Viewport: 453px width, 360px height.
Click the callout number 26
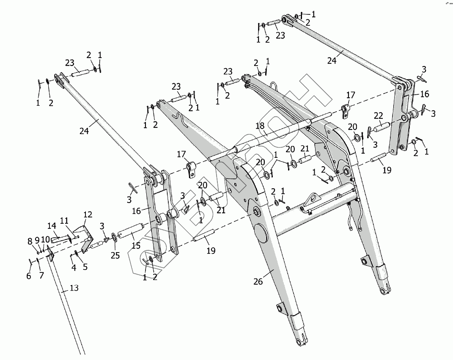[x=258, y=282]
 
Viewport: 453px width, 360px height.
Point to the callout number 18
[x=260, y=126]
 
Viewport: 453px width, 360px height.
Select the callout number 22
[x=379, y=115]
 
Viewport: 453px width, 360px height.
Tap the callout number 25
[x=115, y=255]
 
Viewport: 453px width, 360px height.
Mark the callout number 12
[x=88, y=215]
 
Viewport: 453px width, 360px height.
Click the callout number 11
[x=64, y=220]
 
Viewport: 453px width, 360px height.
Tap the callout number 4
[x=74, y=267]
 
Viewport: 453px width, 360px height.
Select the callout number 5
[x=85, y=267]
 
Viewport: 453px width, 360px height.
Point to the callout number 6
[x=29, y=276]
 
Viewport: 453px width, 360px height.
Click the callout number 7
[x=41, y=276]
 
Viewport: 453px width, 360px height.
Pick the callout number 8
[x=30, y=242]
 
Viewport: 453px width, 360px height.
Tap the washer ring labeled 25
[x=115, y=236]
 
